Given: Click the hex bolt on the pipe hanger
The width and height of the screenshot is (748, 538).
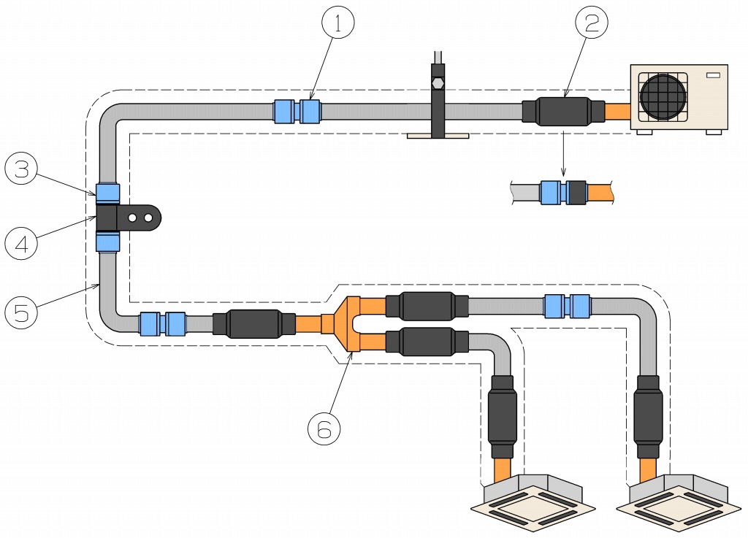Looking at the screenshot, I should click(x=438, y=82).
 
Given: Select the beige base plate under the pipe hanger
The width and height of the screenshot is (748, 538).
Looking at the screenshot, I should click(x=438, y=135).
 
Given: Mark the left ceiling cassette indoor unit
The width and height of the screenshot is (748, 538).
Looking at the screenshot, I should click(x=533, y=504).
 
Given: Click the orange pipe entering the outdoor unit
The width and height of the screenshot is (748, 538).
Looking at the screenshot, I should click(x=618, y=112).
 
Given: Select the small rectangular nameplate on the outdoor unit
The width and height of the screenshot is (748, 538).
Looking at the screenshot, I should click(x=713, y=75).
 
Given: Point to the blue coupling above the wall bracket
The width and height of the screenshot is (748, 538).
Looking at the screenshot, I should click(x=108, y=193).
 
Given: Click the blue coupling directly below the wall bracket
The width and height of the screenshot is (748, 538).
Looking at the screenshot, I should click(x=108, y=241).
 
